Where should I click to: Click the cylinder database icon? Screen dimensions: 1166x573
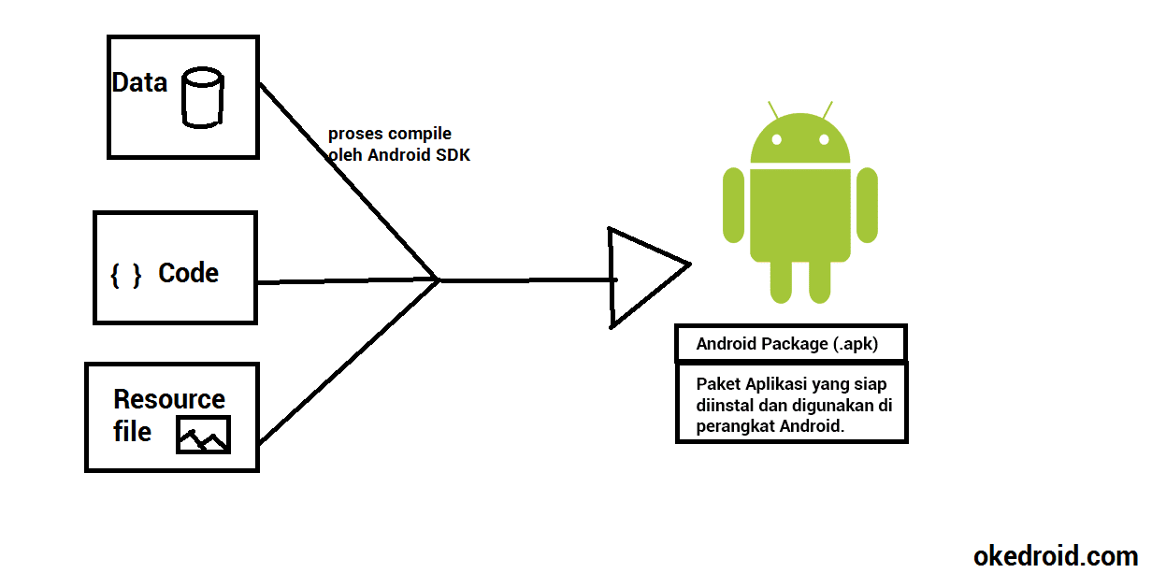202,96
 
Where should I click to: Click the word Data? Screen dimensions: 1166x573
139,82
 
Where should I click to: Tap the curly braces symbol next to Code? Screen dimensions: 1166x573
125,275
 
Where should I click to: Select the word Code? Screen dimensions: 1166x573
188,273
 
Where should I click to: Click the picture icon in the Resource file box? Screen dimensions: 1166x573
203,435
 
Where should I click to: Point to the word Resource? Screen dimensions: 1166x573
169,399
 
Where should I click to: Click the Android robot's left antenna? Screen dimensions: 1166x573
773,110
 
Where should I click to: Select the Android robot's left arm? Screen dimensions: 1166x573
733,207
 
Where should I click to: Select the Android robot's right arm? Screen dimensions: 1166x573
867,207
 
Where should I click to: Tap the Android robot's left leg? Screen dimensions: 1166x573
782,279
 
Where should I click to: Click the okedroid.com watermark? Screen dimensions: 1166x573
1056,556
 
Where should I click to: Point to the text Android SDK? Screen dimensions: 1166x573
418,155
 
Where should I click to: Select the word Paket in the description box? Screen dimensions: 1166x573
716,384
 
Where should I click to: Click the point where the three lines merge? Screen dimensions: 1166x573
439,279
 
